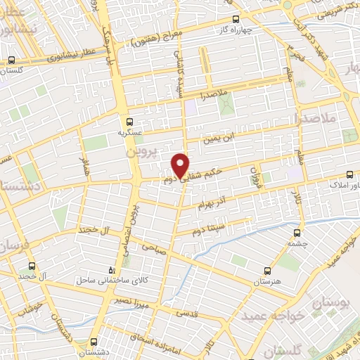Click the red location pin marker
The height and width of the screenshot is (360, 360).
(181, 164)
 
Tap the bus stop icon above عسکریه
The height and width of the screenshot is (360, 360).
(129, 122)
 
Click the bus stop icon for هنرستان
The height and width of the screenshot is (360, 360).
(266, 270)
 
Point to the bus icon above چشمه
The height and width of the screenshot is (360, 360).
(297, 233)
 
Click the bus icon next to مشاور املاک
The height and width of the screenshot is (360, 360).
(350, 176)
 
